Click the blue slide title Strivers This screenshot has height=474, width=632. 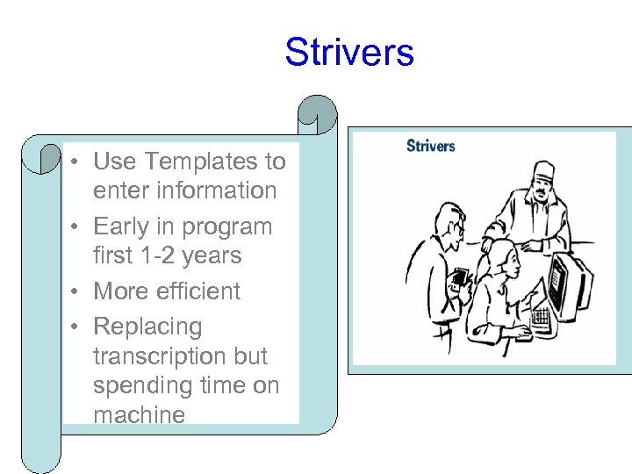tap(348, 53)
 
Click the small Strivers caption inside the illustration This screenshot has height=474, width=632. tap(430, 146)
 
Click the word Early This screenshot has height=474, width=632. tap(123, 226)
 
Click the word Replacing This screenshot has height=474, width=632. tap(147, 327)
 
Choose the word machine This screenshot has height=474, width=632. tap(139, 414)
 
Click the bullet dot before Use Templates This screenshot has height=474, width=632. tap(78, 162)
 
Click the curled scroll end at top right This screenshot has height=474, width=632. tap(316, 114)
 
